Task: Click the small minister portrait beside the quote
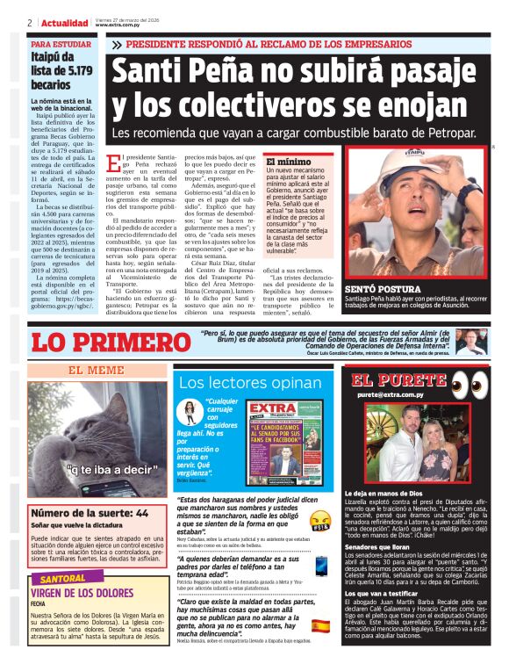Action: click(x=470, y=341)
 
